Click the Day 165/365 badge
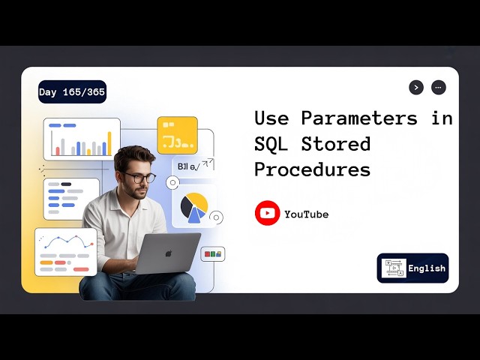coord(72,92)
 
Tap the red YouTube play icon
coord(267,214)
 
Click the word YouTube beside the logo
coord(306,214)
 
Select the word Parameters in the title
coord(359,118)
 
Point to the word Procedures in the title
coord(312,169)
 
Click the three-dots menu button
coord(439,87)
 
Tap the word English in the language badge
coord(427,268)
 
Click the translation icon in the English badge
coord(393,268)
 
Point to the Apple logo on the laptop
coord(168,253)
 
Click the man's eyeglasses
coord(139,178)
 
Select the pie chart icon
coord(194,207)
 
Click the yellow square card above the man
coord(177,135)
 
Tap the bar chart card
coord(82,139)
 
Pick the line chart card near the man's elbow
coord(65,251)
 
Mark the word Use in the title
coord(271,118)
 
